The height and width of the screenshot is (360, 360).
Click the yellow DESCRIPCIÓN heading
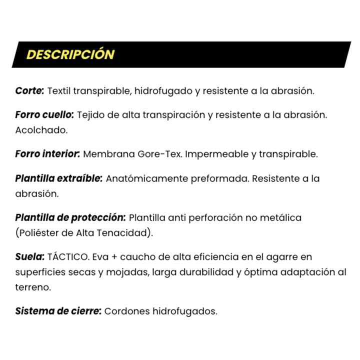point(70,54)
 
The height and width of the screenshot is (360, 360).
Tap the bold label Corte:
point(29,91)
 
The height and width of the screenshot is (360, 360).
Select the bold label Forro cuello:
point(44,115)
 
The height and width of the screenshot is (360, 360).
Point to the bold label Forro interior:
point(47,154)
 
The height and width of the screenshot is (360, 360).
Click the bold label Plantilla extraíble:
point(59,178)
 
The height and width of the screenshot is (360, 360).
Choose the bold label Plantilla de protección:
point(70,217)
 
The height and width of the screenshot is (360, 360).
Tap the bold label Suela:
point(29,256)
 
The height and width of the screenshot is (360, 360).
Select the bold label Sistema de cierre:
point(58,311)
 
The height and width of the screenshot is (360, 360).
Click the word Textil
point(58,91)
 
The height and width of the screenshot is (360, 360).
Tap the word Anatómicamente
point(146,178)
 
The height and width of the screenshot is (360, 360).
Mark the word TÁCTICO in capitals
point(68,256)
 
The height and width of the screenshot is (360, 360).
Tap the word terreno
point(32,287)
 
